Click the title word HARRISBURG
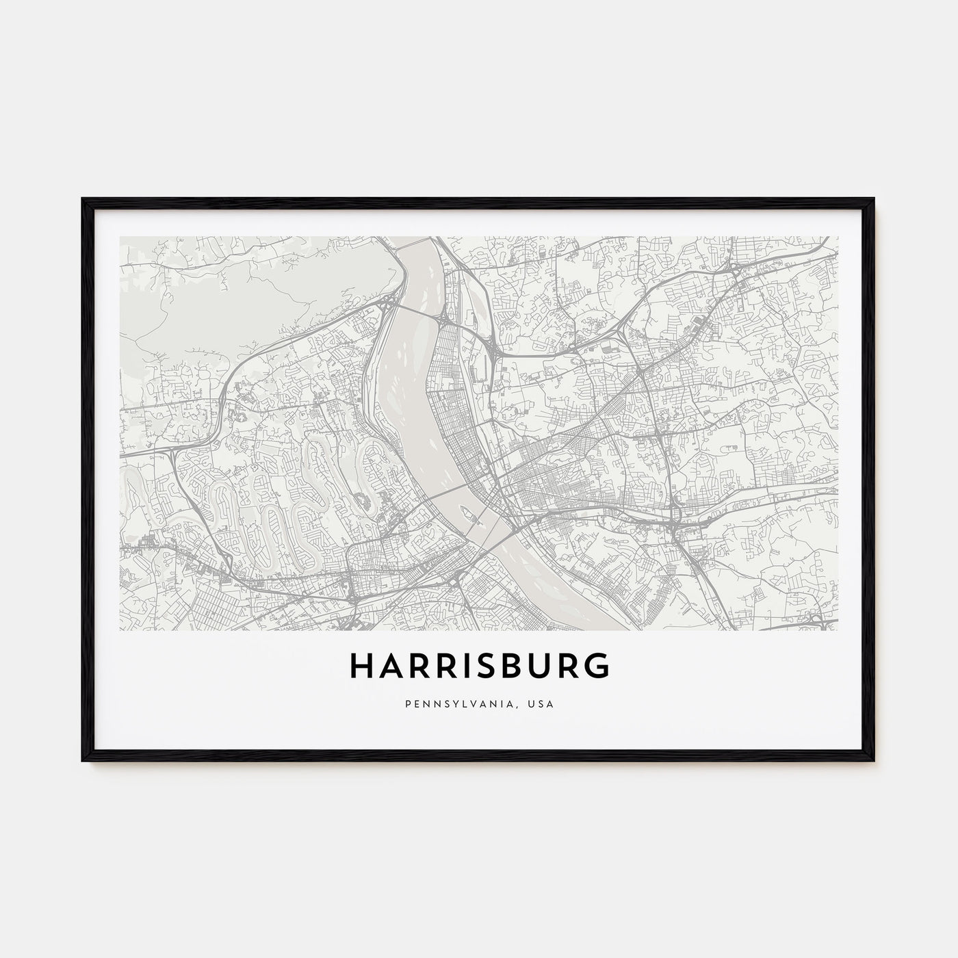click(479, 666)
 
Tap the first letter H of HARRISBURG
click(363, 666)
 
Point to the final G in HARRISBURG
click(596, 666)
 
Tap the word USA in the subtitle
click(541, 703)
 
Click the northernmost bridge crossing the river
click(418, 312)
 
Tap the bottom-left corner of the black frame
click(83, 762)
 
